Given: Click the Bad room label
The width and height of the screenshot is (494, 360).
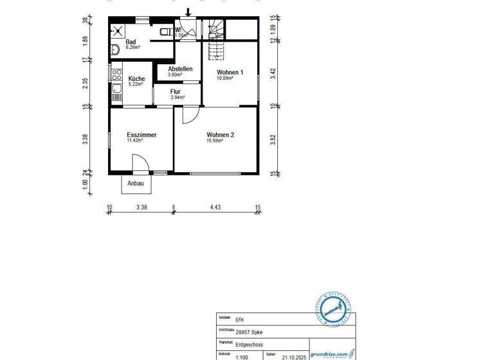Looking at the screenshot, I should point(131,42).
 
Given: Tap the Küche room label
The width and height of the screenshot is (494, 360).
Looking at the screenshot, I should point(136,79).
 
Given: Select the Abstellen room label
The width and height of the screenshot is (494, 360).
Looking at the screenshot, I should point(180,69).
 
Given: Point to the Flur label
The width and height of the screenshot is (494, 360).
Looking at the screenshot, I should point(176,92).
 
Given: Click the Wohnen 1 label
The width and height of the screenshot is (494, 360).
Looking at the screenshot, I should point(230,73).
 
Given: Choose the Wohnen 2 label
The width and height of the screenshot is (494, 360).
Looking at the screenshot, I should point(220,135).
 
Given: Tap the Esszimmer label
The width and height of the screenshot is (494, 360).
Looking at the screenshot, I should point(142,135).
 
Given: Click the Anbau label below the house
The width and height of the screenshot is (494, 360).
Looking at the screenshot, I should point(136,183).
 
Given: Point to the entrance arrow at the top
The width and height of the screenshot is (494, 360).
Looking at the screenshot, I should point(188,12).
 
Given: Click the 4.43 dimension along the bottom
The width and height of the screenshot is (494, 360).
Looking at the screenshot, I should point(215,207).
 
